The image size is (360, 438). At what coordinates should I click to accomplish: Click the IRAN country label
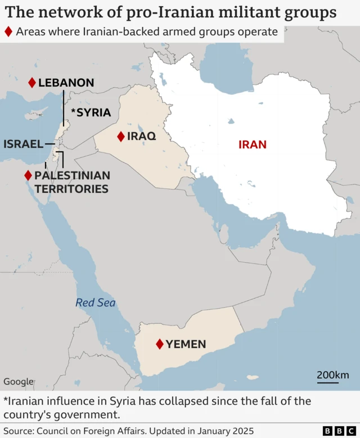point(253,145)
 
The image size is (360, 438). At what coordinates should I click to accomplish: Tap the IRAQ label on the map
point(141,136)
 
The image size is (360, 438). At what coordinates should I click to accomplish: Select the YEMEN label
point(186,344)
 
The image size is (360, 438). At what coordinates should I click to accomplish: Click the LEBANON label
point(66,83)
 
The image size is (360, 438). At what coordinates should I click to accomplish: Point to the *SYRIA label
point(91,112)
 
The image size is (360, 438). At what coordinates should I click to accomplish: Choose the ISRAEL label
point(23,144)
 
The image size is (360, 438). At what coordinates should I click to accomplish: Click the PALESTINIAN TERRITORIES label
point(72,182)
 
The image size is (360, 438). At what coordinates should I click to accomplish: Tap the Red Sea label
point(96,303)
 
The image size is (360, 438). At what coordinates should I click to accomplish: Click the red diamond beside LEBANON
point(32,83)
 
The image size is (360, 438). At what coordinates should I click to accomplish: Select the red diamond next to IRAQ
point(120,136)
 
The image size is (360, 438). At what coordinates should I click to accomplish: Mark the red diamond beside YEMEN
point(160,344)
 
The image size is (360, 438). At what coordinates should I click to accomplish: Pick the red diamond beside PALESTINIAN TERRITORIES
point(28,175)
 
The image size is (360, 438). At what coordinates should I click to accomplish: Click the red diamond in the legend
point(8,31)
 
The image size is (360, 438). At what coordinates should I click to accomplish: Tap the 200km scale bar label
point(332,375)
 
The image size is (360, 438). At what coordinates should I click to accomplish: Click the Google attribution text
point(19,382)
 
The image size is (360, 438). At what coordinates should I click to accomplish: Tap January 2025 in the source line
point(218,431)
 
